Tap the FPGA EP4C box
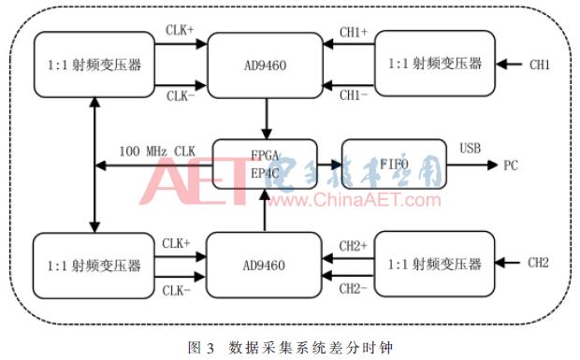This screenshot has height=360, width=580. click(265, 164)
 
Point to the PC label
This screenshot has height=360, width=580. click(511, 166)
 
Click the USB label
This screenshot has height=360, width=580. click(471, 149)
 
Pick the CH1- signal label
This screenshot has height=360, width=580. click(352, 95)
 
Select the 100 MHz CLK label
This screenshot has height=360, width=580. click(157, 150)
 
